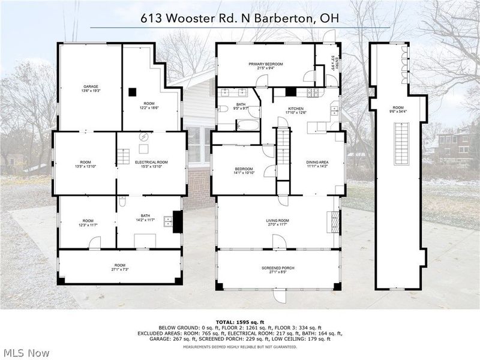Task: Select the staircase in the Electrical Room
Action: click(123, 157)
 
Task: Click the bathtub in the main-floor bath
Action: click(247, 126)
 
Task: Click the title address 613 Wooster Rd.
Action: click(240, 17)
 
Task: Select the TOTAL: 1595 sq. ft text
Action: click(239, 320)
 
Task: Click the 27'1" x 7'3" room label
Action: click(120, 267)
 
